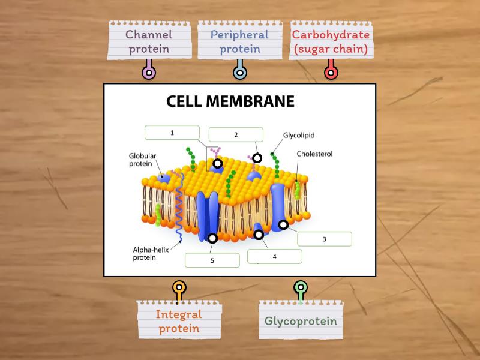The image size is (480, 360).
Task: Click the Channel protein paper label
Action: click(x=148, y=41)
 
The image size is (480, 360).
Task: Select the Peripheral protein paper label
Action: click(x=239, y=41)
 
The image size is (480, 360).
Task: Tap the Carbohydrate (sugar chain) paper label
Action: click(x=330, y=41)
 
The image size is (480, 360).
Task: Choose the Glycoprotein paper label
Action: click(x=301, y=320)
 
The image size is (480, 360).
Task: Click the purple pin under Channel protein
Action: click(x=148, y=73)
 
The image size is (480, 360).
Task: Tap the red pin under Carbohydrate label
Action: click(x=331, y=73)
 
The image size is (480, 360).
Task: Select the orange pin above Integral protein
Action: click(x=179, y=288)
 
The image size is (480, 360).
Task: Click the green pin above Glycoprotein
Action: click(x=301, y=288)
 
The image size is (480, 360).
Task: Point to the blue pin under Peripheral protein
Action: click(x=239, y=73)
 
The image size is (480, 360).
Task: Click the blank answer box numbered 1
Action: click(x=172, y=133)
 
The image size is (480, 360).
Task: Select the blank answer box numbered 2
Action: click(x=236, y=135)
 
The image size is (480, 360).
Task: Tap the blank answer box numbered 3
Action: click(x=325, y=239)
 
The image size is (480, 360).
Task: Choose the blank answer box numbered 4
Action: click(x=274, y=257)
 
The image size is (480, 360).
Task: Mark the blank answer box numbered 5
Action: click(x=212, y=260)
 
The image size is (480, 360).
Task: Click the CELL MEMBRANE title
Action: click(x=230, y=101)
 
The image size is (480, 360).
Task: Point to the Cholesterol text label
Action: click(x=314, y=154)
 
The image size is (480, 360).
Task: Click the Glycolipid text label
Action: click(x=299, y=136)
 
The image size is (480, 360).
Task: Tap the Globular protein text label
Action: click(x=143, y=160)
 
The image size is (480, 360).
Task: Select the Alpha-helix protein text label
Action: click(x=152, y=254)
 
